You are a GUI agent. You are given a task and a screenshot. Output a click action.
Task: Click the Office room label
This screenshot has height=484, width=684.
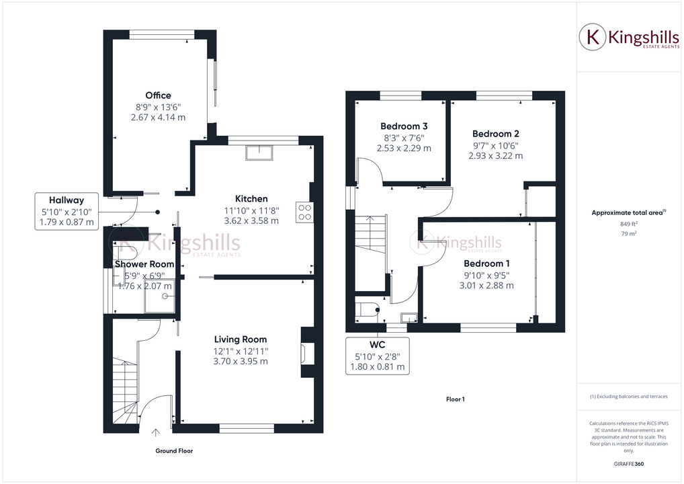pyautogui.click(x=158, y=95)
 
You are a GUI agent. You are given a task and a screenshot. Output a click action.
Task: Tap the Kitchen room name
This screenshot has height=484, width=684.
pyautogui.click(x=251, y=198)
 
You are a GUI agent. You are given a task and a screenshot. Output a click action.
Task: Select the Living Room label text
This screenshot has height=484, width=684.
pyautogui.click(x=241, y=339)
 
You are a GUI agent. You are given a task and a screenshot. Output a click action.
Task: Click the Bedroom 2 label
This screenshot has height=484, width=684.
pyautogui.click(x=495, y=134)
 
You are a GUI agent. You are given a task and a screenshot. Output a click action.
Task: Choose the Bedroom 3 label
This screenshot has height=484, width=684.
pyautogui.click(x=404, y=126)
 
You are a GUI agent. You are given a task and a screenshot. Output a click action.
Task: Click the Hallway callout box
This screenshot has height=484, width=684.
pyautogui.click(x=66, y=211)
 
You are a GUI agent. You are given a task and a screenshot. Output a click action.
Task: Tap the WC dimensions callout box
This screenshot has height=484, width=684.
pyautogui.click(x=377, y=356)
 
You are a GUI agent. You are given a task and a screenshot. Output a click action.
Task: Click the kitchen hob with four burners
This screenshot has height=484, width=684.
pyautogui.click(x=304, y=212)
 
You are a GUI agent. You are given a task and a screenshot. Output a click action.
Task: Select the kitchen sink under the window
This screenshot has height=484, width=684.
pyautogui.click(x=259, y=153)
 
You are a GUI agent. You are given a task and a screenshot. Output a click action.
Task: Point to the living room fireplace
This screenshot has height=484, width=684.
pyautogui.click(x=306, y=354)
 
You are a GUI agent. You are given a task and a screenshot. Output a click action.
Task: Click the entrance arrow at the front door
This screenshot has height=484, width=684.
pyautogui.click(x=155, y=433)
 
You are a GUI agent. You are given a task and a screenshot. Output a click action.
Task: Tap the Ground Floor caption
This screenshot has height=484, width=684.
pyautogui.click(x=174, y=451)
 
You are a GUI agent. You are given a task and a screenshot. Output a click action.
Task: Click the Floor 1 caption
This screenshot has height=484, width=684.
pyautogui.click(x=455, y=399)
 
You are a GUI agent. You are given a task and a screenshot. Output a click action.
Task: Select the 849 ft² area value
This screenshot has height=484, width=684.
pyautogui.click(x=628, y=224)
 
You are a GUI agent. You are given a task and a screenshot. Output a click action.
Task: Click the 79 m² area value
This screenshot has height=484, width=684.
pyautogui.click(x=628, y=234)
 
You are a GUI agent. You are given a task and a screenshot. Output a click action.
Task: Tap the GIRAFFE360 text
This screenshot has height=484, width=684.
pyautogui.click(x=628, y=464)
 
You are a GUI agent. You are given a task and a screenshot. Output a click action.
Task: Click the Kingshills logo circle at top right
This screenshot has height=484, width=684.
pyautogui.click(x=593, y=38)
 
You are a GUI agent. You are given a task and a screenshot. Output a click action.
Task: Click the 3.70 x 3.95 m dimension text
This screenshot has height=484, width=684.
pyautogui.click(x=241, y=361)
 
